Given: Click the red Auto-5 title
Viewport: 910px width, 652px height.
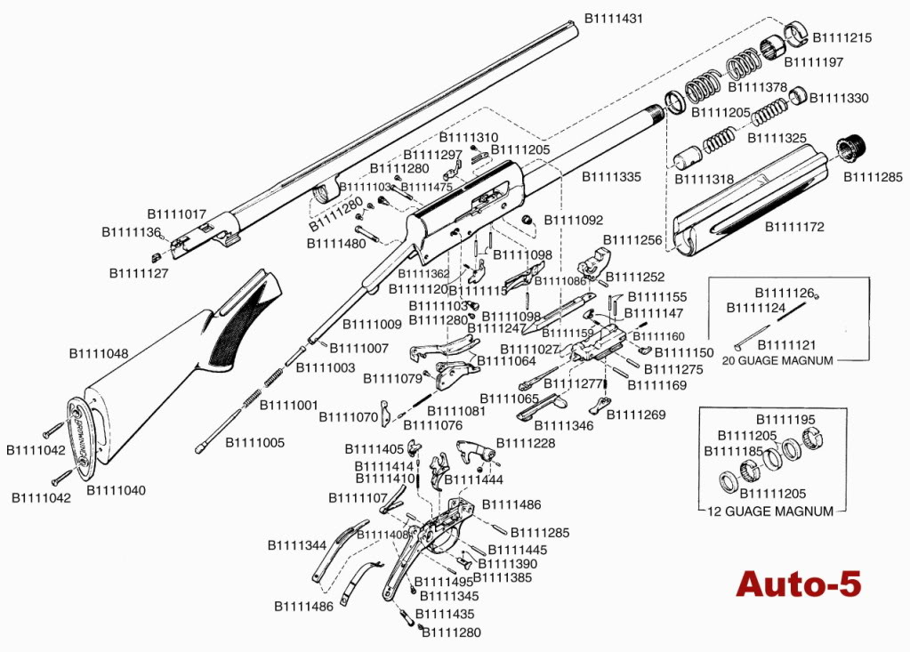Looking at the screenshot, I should [798, 584].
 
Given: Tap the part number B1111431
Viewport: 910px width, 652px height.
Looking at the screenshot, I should [613, 18].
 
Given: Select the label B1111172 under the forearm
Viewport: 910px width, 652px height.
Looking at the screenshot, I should [795, 227].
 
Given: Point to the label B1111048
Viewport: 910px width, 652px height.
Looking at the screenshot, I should [99, 353].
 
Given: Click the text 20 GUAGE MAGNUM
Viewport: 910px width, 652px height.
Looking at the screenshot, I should [777, 360].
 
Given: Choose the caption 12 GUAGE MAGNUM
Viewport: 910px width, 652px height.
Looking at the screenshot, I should [770, 511].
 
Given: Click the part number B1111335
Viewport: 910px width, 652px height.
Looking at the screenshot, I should [611, 177].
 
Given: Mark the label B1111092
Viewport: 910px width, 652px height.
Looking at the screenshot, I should [574, 219].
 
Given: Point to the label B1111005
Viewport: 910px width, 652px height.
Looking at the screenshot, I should [254, 442].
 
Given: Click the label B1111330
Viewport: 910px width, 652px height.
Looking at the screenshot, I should [839, 98].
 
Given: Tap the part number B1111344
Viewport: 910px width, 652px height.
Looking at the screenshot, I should [297, 544].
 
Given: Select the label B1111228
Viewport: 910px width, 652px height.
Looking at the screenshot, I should [526, 443].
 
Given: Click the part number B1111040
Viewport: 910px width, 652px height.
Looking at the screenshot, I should [116, 490].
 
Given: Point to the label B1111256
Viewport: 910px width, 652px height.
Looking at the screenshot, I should [632, 240].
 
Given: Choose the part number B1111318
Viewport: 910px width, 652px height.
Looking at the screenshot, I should [704, 179].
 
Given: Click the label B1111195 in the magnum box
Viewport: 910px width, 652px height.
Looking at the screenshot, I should [785, 419].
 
